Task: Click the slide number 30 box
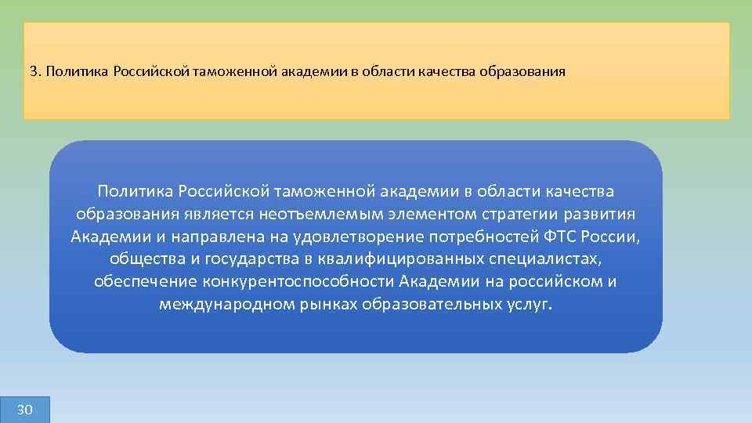pos(24,410)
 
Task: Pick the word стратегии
pos(503,215)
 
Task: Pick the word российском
pos(551,282)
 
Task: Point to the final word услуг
pos(530,305)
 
